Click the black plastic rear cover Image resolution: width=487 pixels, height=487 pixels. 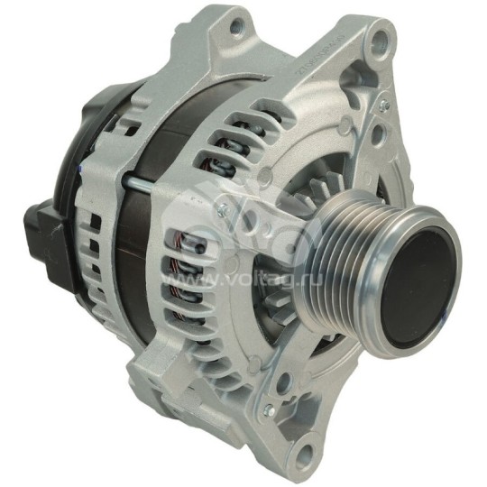pyautogui.click(x=77, y=171)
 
